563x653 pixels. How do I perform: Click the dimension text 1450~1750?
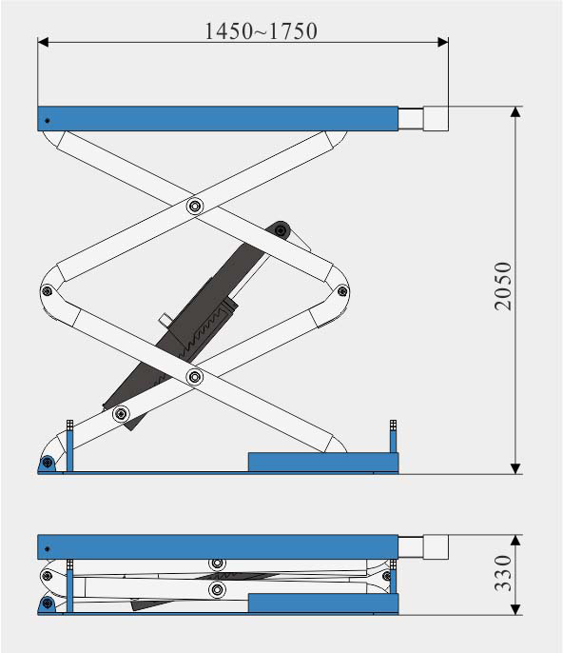coord(261,31)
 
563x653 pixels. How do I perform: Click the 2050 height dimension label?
coord(503,287)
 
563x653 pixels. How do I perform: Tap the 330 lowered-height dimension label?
coord(503,573)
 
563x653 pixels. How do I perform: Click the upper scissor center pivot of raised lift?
coord(194,206)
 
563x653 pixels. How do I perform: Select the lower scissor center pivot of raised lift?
coord(194,377)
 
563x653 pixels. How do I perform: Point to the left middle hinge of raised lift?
coord(47,290)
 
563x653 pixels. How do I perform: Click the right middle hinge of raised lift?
coord(342,290)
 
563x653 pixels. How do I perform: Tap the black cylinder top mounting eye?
coord(281,230)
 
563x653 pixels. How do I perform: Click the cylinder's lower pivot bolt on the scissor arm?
coord(121,414)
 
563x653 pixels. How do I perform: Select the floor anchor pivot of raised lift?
coord(48,463)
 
